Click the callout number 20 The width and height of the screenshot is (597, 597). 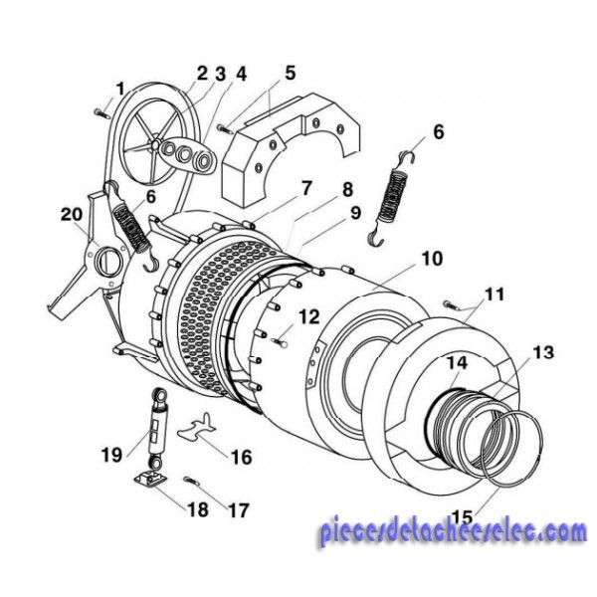tap(72, 214)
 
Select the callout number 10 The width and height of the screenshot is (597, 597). tap(432, 258)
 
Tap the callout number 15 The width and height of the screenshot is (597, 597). tap(463, 517)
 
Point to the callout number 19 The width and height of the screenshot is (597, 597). tap(111, 455)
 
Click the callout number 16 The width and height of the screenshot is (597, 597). tap(242, 457)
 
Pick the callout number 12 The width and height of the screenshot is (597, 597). tap(308, 316)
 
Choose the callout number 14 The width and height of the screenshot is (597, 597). tap(457, 363)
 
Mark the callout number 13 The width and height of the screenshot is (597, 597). tap(543, 352)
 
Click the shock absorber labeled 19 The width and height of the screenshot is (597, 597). tap(157, 429)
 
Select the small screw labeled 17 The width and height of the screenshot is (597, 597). tap(190, 481)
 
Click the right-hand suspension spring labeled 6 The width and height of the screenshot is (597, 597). tap(393, 198)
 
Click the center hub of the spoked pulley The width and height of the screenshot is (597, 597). tap(155, 144)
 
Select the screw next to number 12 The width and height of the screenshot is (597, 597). tap(281, 341)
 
